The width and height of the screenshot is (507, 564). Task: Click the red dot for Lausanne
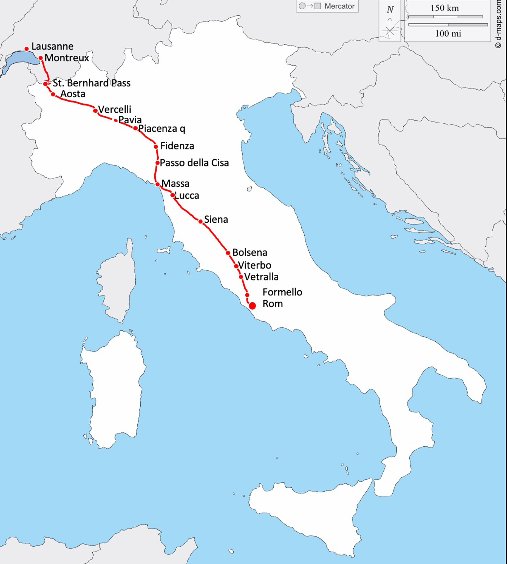pyautogui.click(x=27, y=49)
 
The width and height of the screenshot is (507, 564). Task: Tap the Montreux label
pyautogui.click(x=67, y=58)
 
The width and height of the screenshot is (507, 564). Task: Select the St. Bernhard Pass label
pyautogui.click(x=92, y=83)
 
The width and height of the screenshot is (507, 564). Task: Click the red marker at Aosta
pyautogui.click(x=53, y=94)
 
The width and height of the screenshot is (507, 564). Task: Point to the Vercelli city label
pyautogui.click(x=115, y=109)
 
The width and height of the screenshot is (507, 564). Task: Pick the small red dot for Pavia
pyautogui.click(x=116, y=120)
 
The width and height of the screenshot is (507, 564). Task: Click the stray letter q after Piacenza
pyautogui.click(x=182, y=129)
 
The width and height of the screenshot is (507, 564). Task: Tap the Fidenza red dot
pyautogui.click(x=156, y=147)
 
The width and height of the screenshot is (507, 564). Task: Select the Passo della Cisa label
pyautogui.click(x=194, y=163)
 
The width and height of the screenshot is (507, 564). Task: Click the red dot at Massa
pyautogui.click(x=157, y=184)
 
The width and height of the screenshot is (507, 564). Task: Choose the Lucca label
pyautogui.click(x=187, y=195)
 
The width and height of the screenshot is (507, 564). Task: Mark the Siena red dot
pyautogui.click(x=200, y=222)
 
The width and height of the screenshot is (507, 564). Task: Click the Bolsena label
pyautogui.click(x=250, y=253)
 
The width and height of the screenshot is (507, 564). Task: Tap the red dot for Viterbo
pyautogui.click(x=236, y=266)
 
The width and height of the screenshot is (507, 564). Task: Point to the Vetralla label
pyautogui.click(x=261, y=277)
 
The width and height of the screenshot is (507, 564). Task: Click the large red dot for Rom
pyautogui.click(x=252, y=306)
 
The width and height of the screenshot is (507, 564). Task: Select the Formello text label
pyautogui.click(x=282, y=292)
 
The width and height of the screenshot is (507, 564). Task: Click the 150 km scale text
pyautogui.click(x=444, y=8)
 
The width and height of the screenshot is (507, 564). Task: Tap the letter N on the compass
pyautogui.click(x=390, y=10)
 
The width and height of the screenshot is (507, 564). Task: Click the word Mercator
pyautogui.click(x=339, y=6)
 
